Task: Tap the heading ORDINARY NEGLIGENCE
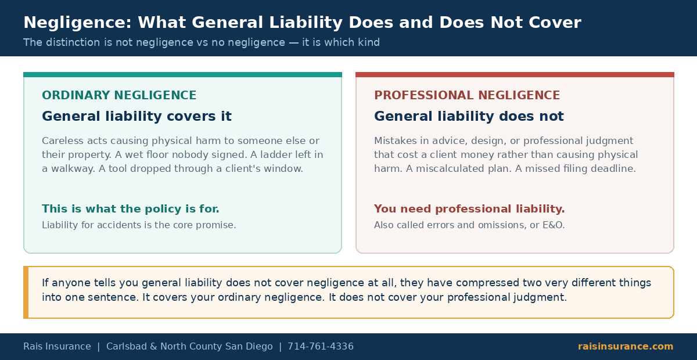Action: pos(119,95)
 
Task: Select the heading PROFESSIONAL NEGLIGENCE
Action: pos(467,95)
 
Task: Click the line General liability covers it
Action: pos(137,116)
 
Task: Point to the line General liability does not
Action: pos(469,116)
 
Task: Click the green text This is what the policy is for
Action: pos(131,209)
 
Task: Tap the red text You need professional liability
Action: pos(469,209)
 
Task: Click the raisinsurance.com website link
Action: pos(626,346)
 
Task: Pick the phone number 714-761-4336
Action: pos(321,346)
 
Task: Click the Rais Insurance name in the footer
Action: pos(58,346)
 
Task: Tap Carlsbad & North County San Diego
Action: pos(189,346)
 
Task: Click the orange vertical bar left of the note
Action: pos(26,293)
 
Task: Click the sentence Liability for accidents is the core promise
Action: pos(139,225)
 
